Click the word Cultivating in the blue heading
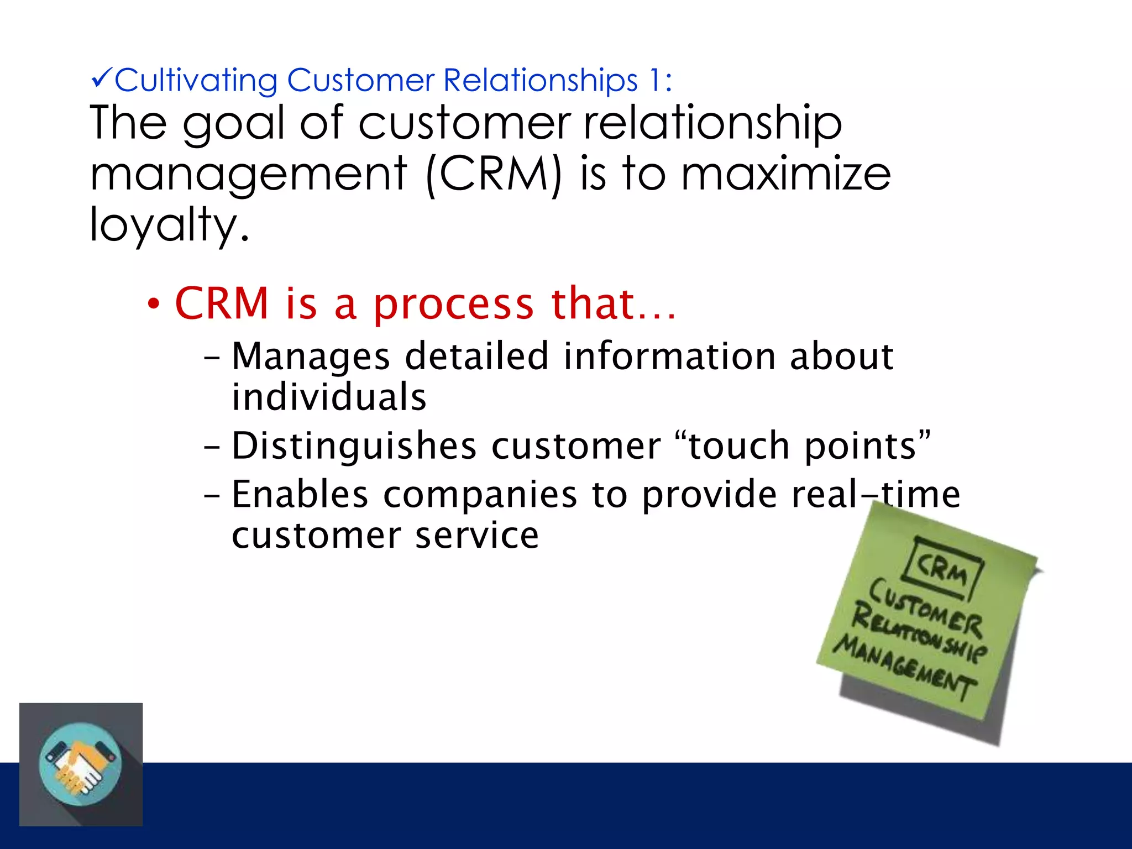196,81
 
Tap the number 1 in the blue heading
654,80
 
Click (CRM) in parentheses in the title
494,175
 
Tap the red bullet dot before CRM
154,304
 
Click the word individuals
329,397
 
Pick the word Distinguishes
354,447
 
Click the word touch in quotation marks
738,446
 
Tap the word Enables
300,494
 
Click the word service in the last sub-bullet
476,536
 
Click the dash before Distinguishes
212,447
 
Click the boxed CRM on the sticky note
944,569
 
